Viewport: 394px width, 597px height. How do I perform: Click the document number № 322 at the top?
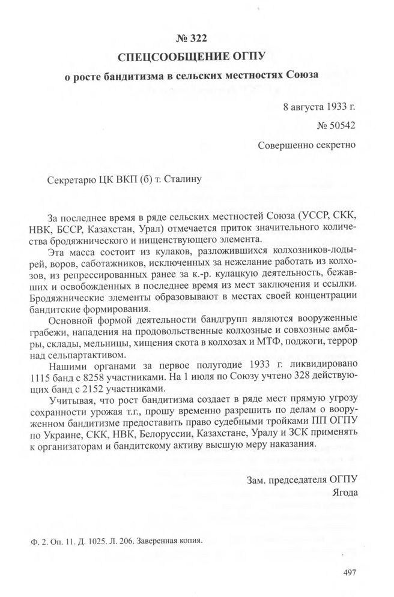193,39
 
